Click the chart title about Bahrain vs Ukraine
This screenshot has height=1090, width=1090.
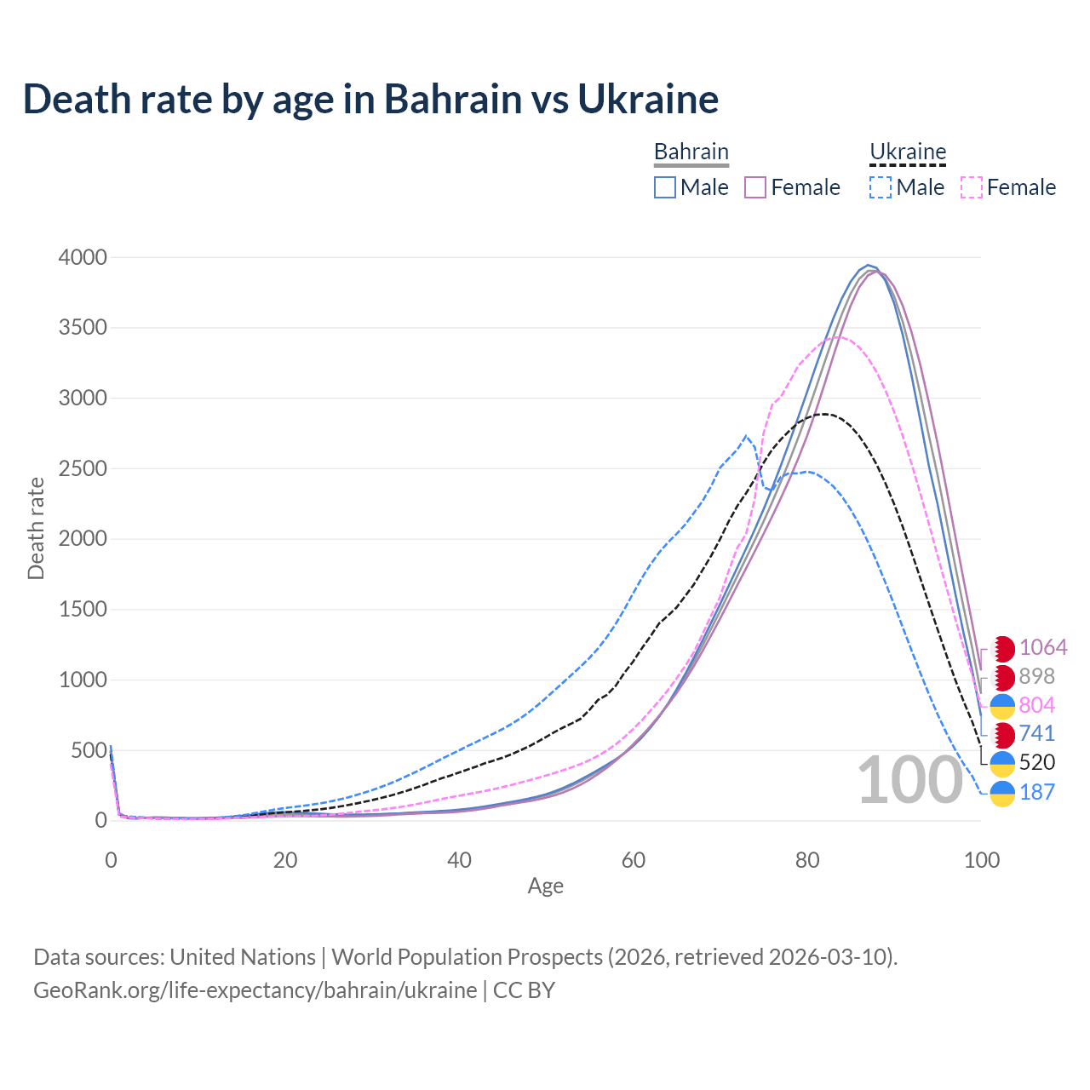[x=370, y=99]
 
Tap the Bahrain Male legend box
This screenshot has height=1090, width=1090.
[x=665, y=187]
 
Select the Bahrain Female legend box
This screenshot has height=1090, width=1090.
[x=756, y=187]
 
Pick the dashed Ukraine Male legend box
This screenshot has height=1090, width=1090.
[x=881, y=187]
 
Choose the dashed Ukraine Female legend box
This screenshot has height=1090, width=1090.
[x=972, y=187]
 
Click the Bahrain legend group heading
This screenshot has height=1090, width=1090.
[x=691, y=152]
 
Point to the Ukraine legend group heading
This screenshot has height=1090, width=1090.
[x=908, y=152]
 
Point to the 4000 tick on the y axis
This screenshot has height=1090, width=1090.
[x=83, y=257]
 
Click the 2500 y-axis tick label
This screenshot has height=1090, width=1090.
[x=83, y=468]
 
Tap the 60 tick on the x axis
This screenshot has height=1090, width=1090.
[x=634, y=860]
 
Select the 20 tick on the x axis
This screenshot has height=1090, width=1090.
[x=285, y=860]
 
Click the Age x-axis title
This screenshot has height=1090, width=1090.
[x=545, y=886]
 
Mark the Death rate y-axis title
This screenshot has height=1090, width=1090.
[x=36, y=528]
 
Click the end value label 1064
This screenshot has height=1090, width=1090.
[x=1043, y=647]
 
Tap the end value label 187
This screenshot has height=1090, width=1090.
[x=1036, y=792]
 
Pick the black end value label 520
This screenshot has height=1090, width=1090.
[x=1036, y=762]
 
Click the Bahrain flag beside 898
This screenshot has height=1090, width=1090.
[x=1003, y=677]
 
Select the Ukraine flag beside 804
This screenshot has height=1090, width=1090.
[x=1003, y=706]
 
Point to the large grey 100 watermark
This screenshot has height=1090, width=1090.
[x=909, y=780]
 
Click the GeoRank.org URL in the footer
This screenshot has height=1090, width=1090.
[x=255, y=990]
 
